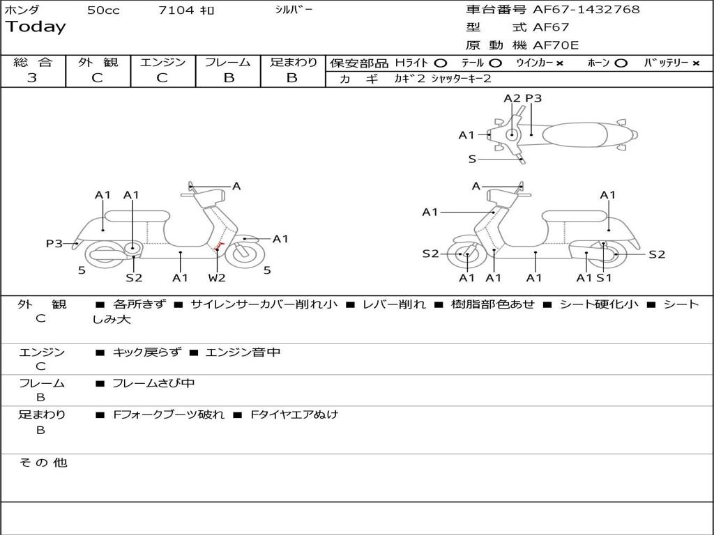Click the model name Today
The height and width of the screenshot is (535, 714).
[36, 27]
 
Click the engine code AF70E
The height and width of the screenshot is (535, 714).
[556, 45]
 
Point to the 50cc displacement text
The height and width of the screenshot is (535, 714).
[103, 10]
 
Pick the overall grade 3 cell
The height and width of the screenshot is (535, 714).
[32, 78]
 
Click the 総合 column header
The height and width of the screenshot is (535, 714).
[33, 63]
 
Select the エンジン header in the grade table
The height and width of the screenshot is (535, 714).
[163, 63]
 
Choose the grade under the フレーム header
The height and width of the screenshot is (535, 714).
[229, 78]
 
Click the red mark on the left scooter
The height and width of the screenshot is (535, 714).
[220, 245]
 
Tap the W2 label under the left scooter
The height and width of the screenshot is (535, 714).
[217, 278]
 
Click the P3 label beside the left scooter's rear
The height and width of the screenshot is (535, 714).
[54, 243]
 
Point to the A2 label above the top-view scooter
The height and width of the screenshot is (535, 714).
[512, 98]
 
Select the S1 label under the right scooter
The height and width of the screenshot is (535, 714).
[604, 278]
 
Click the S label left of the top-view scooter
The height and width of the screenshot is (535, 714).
[472, 159]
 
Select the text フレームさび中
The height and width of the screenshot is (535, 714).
[153, 383]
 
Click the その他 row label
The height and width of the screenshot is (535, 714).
[43, 463]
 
